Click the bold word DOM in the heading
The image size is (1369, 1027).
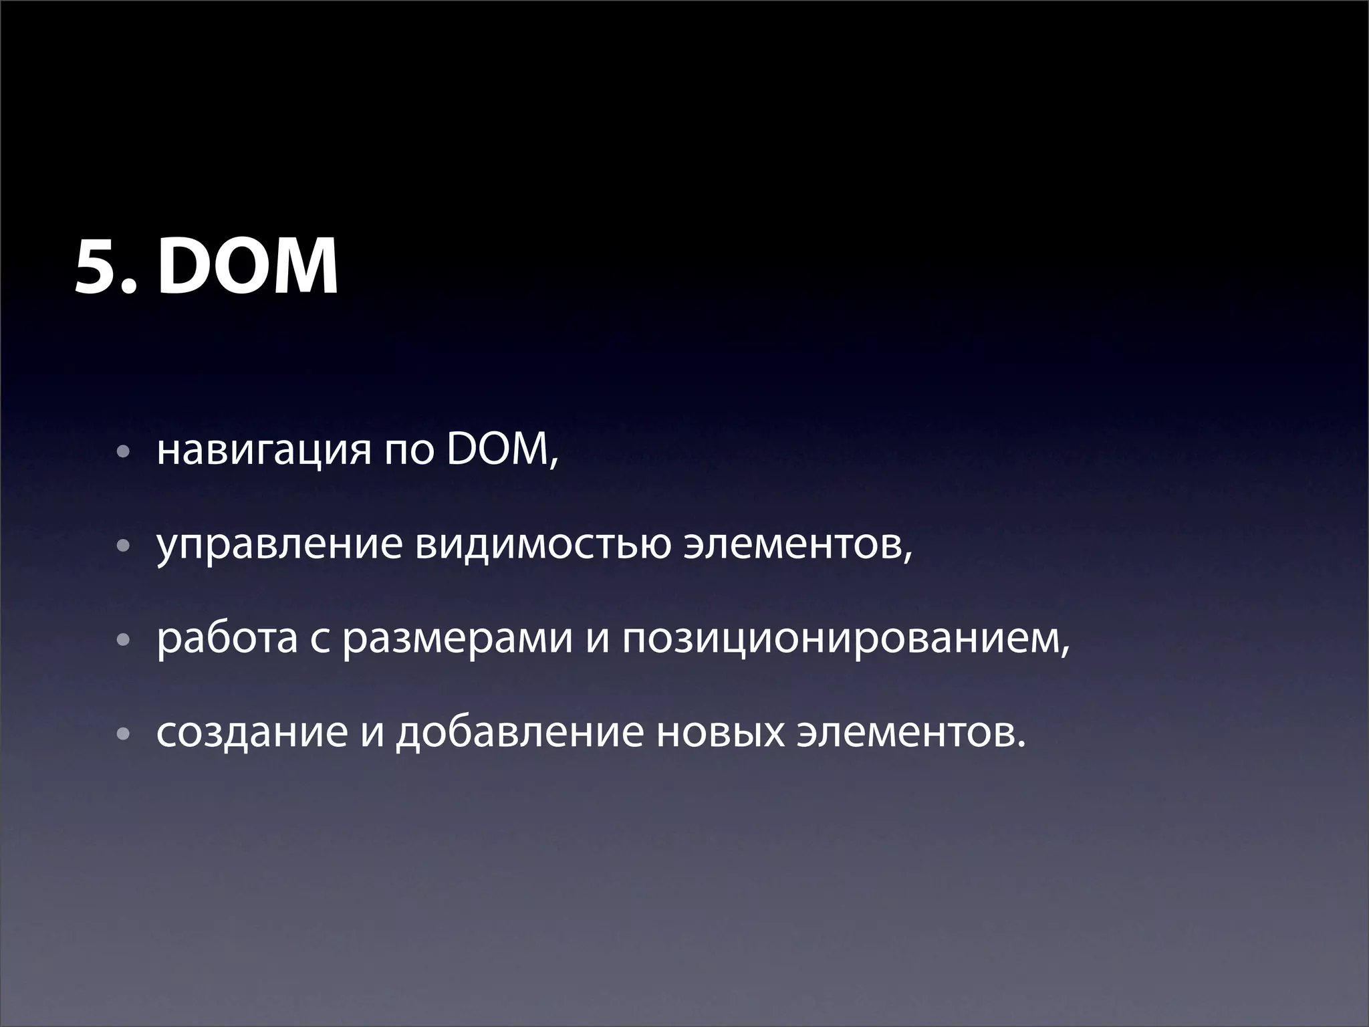(x=248, y=268)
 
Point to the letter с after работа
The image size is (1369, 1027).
(x=320, y=641)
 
